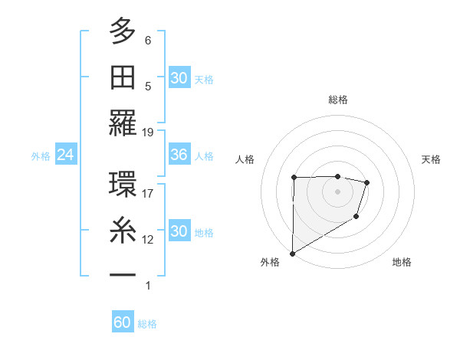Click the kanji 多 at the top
[x=123, y=31]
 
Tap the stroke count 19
[x=148, y=132]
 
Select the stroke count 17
[x=148, y=194]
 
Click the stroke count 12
[x=148, y=240]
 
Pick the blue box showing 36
[x=179, y=155]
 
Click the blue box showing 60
[x=123, y=323]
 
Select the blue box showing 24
[x=65, y=155]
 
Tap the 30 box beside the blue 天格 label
[x=179, y=78]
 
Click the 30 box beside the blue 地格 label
[x=179, y=231]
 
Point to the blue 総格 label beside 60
[x=147, y=324]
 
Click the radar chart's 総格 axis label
[x=337, y=100]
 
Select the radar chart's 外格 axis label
[x=270, y=263]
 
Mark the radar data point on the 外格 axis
[x=292, y=253]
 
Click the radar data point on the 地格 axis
[x=356, y=218]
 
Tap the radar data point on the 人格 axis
[x=294, y=178]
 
